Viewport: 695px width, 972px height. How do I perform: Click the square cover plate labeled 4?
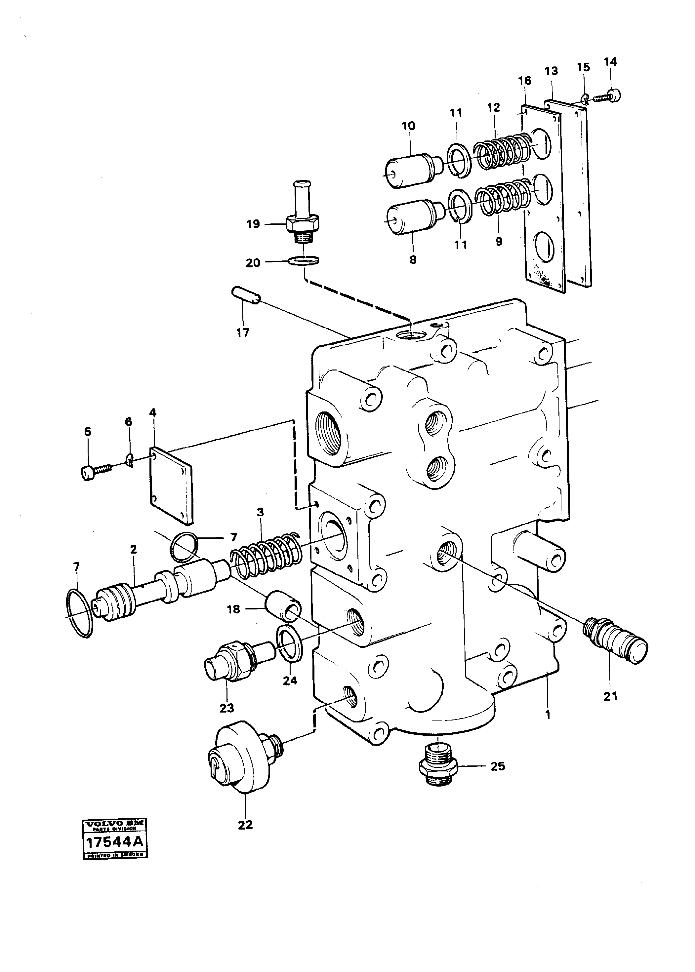(x=171, y=486)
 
